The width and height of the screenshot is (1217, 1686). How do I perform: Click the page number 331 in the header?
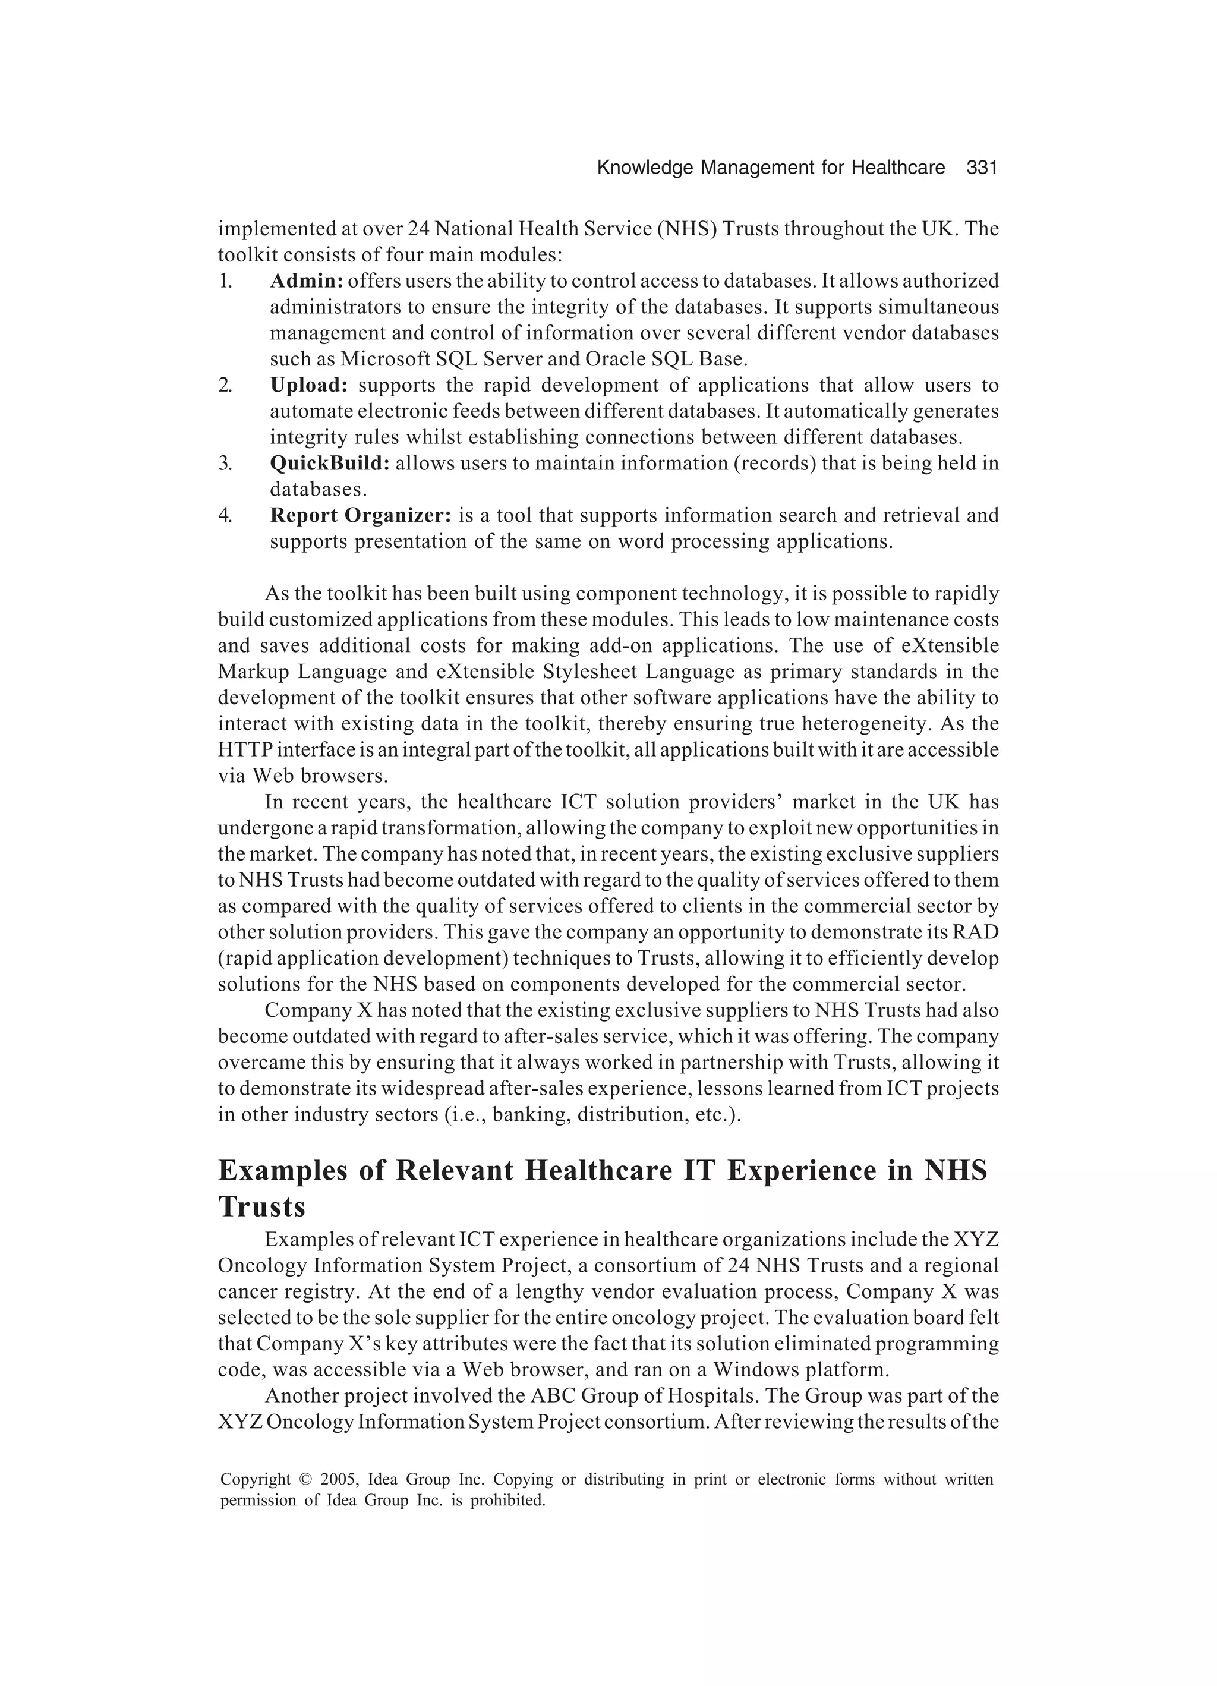coord(980,168)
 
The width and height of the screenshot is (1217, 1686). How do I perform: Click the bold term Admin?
coord(305,281)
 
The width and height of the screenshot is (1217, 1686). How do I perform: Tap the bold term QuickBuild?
coord(329,463)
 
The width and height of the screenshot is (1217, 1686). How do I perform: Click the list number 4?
coord(225,515)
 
